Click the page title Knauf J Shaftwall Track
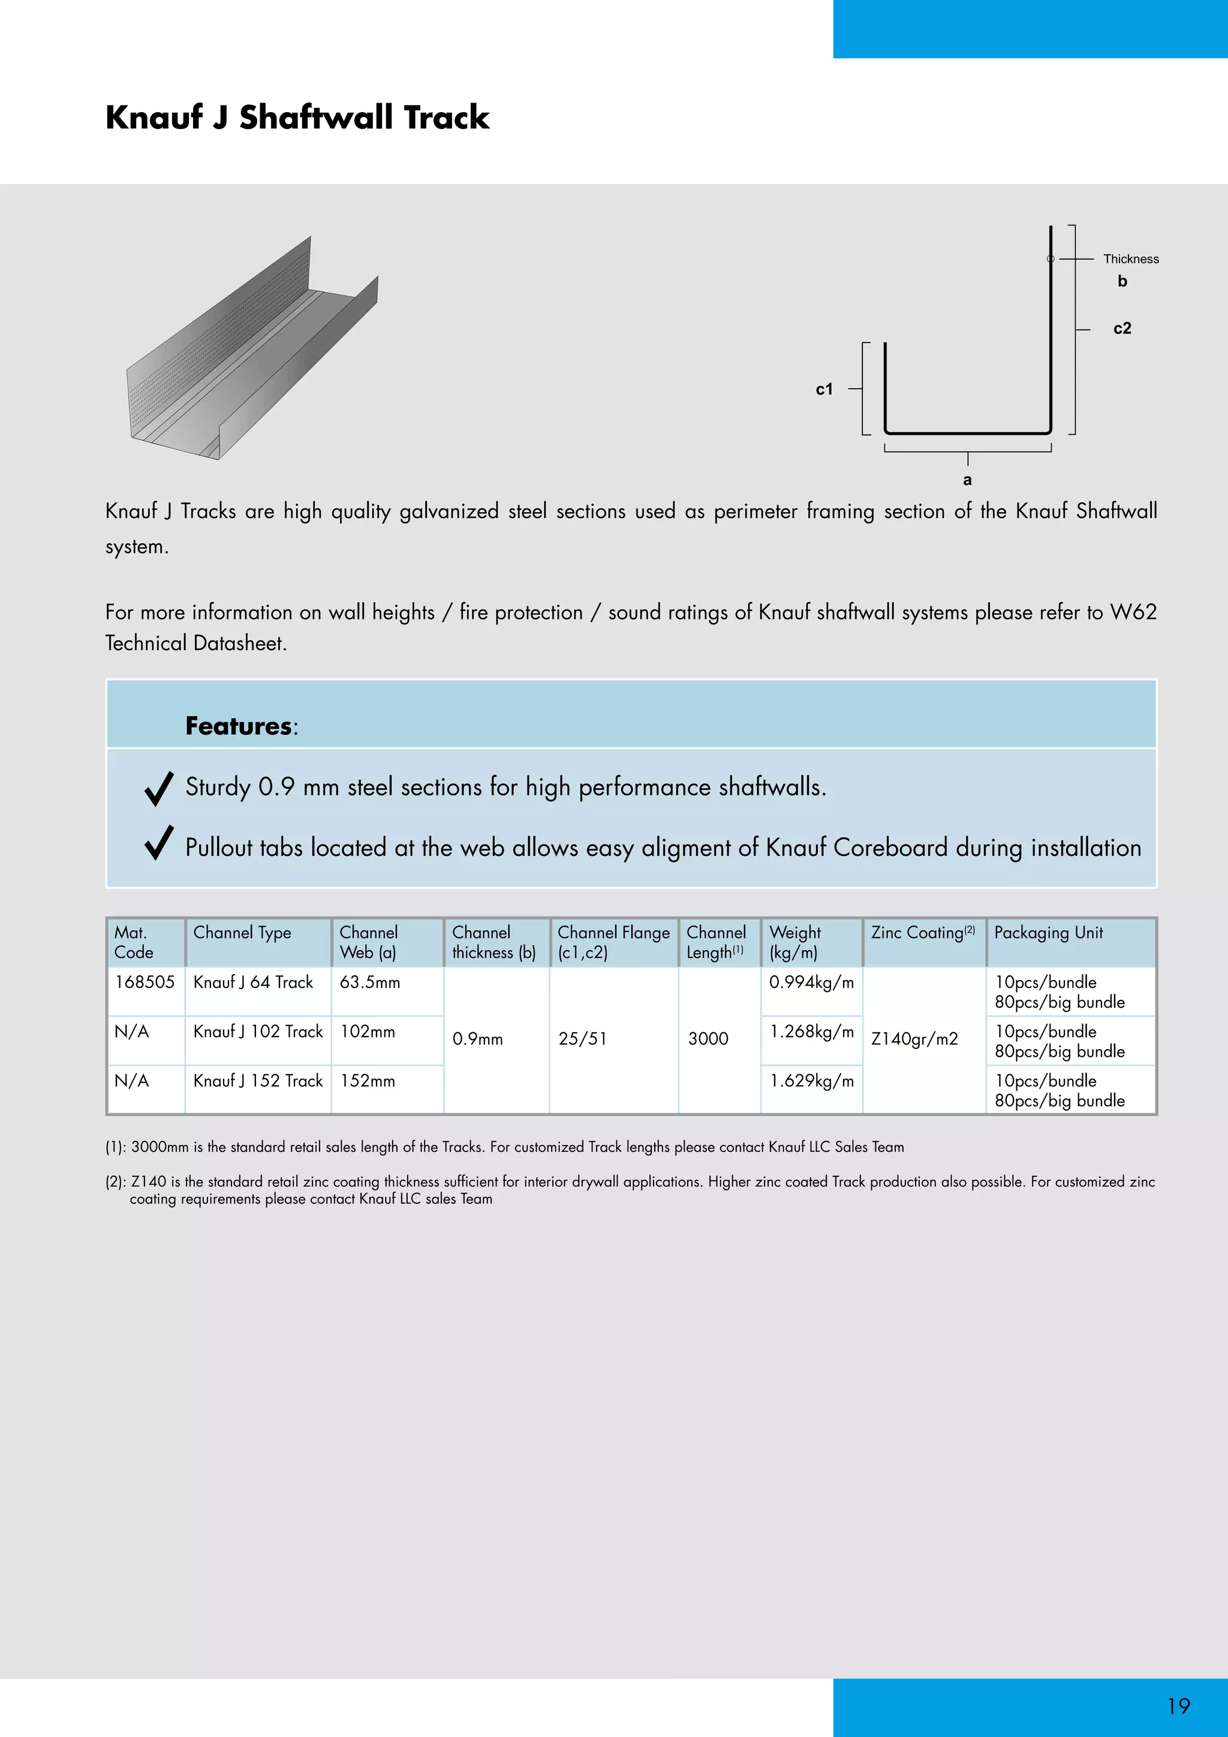click(x=297, y=118)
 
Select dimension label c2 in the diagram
click(x=1122, y=328)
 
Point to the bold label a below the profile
click(x=967, y=480)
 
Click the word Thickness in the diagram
click(x=1130, y=259)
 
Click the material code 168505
click(x=145, y=982)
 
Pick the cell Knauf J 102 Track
click(x=258, y=1031)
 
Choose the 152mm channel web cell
click(x=368, y=1080)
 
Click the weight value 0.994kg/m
click(x=811, y=982)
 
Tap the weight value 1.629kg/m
click(x=811, y=1080)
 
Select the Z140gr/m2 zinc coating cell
click(x=914, y=1039)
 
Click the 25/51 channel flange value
click(x=582, y=1039)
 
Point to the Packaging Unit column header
click(x=1048, y=933)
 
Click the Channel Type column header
click(x=242, y=933)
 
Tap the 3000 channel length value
click(x=708, y=1039)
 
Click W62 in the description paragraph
click(x=1133, y=611)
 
